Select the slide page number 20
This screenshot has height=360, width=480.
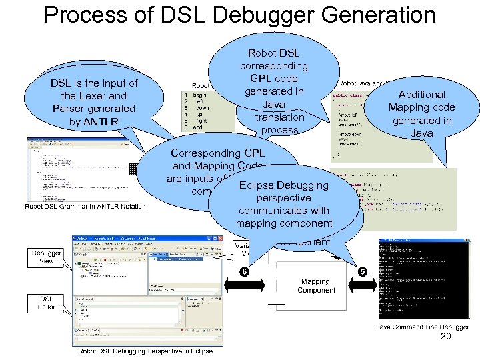[x=446, y=337]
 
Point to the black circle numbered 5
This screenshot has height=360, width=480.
[x=362, y=272]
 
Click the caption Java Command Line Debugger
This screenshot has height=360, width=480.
[x=422, y=327]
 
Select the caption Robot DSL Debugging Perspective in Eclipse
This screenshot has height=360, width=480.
[x=145, y=351]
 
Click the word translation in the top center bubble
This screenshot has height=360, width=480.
[x=279, y=117]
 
